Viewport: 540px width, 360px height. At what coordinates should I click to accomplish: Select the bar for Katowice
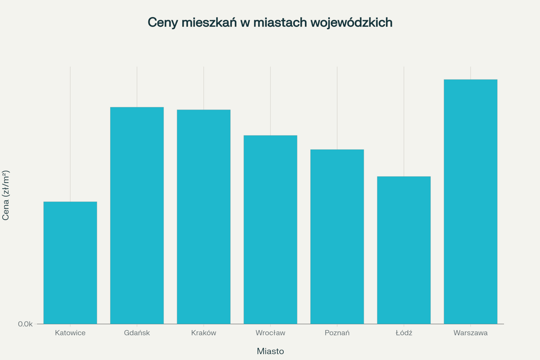coord(70,263)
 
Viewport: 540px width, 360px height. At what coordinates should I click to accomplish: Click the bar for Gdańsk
coord(137,215)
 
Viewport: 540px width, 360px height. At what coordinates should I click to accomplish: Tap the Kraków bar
coord(204,217)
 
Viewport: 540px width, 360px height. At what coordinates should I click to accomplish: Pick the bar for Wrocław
coord(270,229)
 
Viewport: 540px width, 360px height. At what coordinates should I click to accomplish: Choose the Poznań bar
coord(337,237)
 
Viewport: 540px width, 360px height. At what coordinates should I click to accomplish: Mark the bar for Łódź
coord(404,250)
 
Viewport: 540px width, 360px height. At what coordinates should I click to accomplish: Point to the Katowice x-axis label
coord(70,333)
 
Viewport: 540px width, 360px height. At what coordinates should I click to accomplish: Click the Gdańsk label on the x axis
coord(137,333)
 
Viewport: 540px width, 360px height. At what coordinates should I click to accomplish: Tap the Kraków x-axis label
coord(204,333)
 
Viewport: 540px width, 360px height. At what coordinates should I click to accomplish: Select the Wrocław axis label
coord(270,333)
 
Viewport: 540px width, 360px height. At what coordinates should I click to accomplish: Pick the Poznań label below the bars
coord(337,333)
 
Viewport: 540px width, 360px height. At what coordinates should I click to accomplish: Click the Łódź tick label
coord(404,333)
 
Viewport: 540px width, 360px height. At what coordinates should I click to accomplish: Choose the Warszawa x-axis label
coord(471,333)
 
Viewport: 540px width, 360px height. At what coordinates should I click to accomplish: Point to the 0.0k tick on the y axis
coord(25,324)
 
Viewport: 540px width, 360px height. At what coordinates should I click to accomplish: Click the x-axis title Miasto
coord(270,351)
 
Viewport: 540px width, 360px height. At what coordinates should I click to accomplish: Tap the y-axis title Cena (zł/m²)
coord(6,195)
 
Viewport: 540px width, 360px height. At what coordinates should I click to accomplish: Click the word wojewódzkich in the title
coord(352,22)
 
